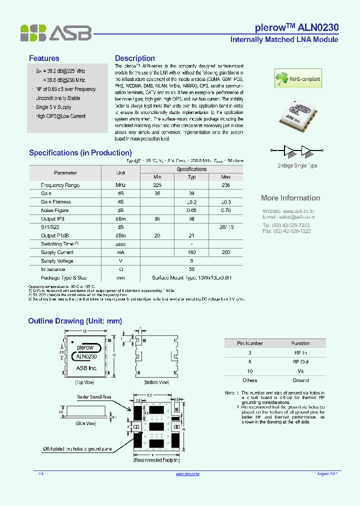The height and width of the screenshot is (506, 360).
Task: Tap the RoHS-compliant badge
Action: (298, 78)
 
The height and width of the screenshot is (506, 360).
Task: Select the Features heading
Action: (44, 58)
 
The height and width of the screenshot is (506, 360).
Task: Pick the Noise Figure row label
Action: (55, 210)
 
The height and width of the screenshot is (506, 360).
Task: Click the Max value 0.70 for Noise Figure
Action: (225, 210)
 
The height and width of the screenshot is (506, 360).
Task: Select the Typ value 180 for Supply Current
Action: (191, 252)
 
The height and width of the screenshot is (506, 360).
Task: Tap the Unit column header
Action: (120, 172)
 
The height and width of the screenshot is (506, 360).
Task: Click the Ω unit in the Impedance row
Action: (120, 269)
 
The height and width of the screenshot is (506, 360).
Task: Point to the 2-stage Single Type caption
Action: (297, 165)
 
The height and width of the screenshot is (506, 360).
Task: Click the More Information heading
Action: (290, 198)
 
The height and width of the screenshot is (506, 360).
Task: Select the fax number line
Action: (286, 231)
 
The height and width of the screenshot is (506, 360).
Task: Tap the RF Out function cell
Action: (300, 361)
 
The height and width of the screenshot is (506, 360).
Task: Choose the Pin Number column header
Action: (249, 343)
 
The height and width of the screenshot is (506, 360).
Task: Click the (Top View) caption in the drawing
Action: (85, 382)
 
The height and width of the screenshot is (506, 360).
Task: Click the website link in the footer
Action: (188, 473)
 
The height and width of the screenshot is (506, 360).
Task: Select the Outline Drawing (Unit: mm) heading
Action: (75, 321)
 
